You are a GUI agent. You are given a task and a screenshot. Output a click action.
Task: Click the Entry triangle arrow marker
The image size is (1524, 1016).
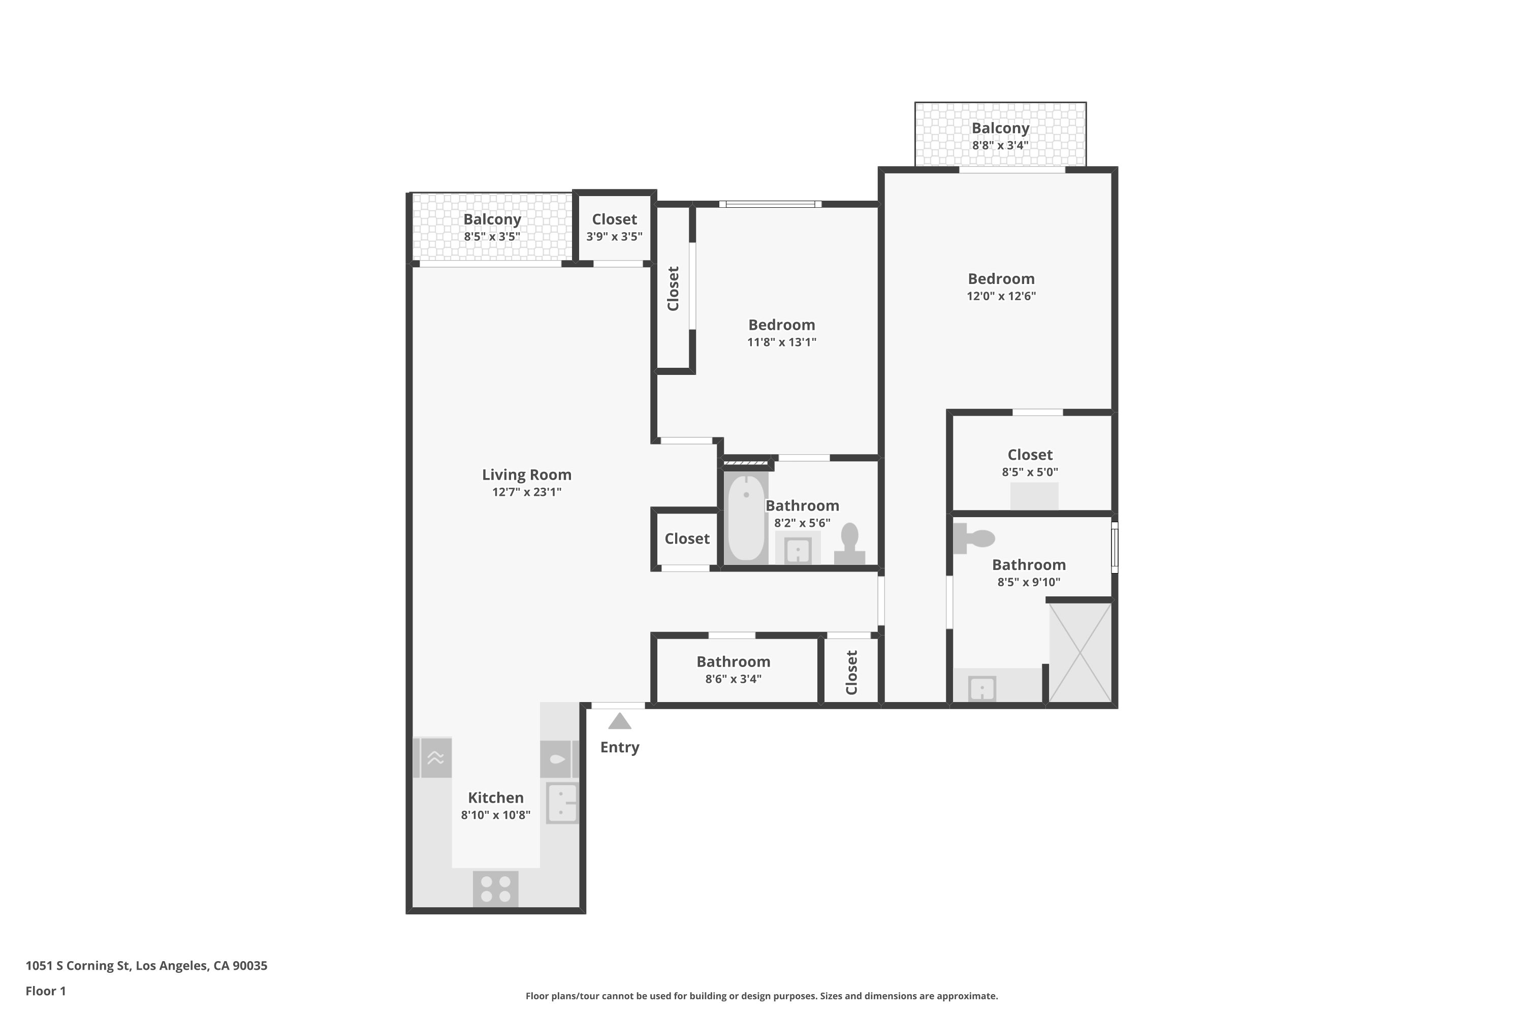click(619, 721)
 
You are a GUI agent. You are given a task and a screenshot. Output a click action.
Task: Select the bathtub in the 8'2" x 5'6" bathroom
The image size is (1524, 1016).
click(746, 517)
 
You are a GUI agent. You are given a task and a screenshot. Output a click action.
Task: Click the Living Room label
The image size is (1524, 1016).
click(526, 475)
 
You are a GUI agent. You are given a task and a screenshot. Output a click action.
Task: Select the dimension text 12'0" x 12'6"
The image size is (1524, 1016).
click(1001, 296)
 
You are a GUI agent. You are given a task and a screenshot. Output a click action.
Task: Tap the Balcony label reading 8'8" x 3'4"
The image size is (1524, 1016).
click(1000, 129)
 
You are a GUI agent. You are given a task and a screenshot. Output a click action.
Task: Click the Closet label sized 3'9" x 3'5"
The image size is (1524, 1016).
click(614, 219)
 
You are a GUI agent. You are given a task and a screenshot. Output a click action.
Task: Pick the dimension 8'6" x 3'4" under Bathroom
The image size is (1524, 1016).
click(733, 679)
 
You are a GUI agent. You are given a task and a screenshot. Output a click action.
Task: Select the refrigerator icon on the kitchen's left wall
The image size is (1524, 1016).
click(433, 757)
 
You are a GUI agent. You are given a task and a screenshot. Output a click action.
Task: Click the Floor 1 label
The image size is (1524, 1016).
click(45, 991)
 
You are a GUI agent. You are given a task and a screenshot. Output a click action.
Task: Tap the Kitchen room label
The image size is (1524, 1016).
click(496, 798)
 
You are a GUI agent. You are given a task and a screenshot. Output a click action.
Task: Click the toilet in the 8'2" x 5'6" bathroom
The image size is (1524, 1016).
click(849, 544)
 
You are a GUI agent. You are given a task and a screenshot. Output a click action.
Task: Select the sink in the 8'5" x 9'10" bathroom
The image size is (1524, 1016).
click(981, 688)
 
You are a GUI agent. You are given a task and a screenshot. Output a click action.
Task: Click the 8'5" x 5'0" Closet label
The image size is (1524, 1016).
click(1030, 455)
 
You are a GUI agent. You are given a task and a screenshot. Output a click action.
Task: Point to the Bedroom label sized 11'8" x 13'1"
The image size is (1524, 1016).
click(781, 325)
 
